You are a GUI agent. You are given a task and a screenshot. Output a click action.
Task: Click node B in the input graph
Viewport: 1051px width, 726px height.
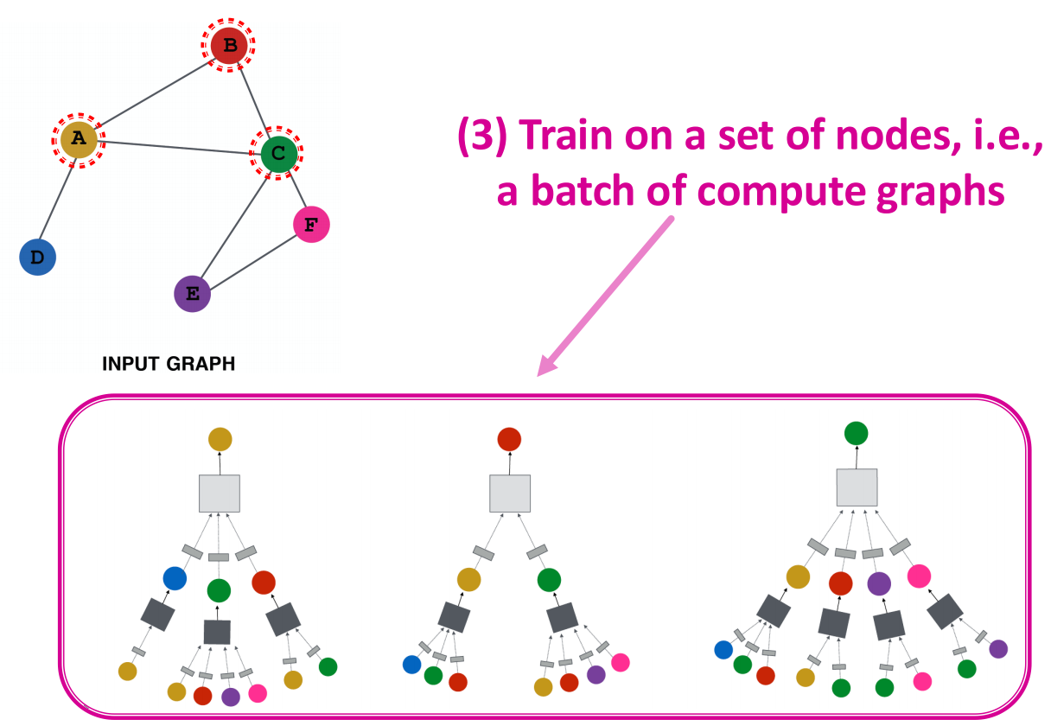point(228,45)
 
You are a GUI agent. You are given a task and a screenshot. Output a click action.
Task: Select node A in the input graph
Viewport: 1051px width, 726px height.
point(79,139)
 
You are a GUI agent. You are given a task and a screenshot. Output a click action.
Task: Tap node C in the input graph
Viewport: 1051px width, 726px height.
point(278,153)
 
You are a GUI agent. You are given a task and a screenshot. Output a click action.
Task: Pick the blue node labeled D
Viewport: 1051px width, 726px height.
point(37,258)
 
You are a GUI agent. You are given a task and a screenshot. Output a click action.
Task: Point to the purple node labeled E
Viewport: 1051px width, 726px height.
point(193,294)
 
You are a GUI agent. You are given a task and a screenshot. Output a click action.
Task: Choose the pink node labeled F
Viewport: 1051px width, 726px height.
point(311,225)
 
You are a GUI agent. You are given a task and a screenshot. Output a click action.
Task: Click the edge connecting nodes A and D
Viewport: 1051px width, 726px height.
point(57,201)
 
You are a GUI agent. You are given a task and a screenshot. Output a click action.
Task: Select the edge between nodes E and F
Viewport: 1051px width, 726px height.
point(252,262)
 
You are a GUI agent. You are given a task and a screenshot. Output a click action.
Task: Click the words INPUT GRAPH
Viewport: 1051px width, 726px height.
point(169,364)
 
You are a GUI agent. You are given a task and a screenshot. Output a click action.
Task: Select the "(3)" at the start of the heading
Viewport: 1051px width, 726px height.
point(483,136)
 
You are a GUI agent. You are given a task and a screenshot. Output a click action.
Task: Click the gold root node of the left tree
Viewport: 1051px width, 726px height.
point(220,439)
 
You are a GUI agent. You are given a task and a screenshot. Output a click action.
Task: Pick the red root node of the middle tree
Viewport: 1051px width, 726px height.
point(509,439)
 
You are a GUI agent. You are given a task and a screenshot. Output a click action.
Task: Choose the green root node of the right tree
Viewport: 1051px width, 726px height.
point(856,433)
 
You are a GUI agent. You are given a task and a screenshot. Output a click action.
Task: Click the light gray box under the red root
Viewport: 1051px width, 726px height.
point(510,494)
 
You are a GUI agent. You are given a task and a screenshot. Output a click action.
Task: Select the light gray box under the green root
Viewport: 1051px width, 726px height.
point(857,487)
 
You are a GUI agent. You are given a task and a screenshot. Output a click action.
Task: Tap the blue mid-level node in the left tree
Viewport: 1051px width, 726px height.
point(175,578)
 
